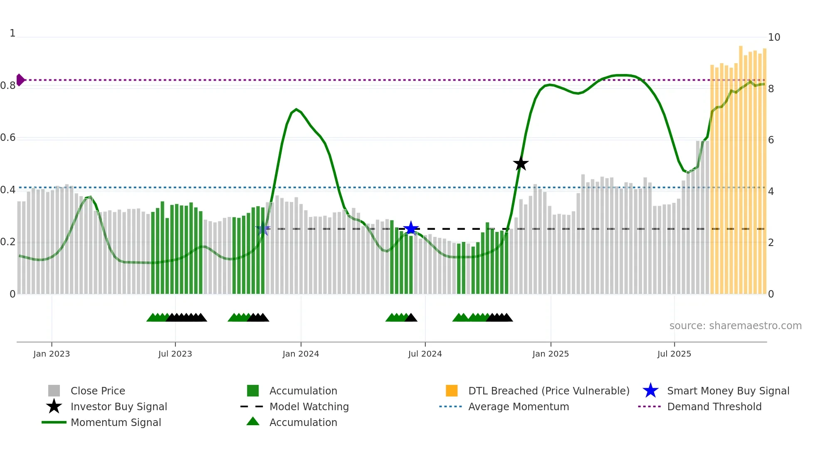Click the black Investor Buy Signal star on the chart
(x=521, y=164)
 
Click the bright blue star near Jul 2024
(x=411, y=229)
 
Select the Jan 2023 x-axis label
(x=52, y=354)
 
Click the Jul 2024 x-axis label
(x=425, y=354)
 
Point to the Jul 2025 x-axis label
(x=674, y=354)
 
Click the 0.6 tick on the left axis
(x=8, y=138)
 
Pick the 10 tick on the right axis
(x=774, y=37)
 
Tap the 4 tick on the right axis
(x=771, y=192)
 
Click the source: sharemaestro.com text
(x=735, y=326)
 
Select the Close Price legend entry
(x=98, y=391)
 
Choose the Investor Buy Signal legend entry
(x=119, y=406)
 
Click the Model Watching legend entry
(x=309, y=406)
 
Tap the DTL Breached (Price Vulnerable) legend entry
(x=548, y=391)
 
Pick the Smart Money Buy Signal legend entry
(x=728, y=391)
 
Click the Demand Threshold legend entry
(x=714, y=406)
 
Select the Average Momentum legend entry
(x=518, y=406)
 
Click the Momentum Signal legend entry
(x=116, y=422)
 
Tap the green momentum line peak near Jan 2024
(x=296, y=109)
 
